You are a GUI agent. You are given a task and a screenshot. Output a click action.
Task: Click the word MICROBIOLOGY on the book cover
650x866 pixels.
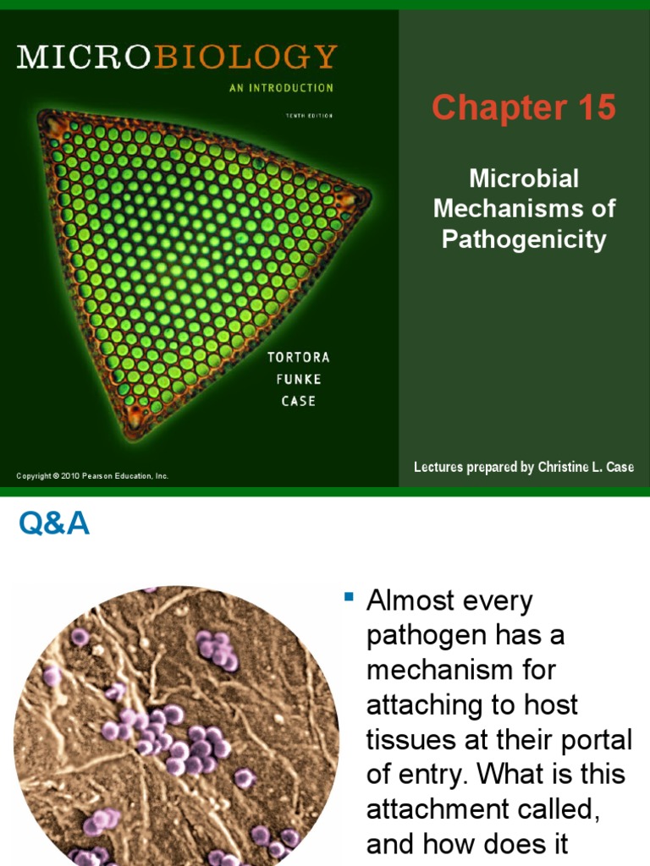tap(177, 57)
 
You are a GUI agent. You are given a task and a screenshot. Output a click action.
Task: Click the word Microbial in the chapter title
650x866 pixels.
tap(524, 178)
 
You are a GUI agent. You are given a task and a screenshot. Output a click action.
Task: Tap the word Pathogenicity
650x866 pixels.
tap(524, 239)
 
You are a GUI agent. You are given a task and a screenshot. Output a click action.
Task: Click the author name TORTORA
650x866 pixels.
tap(299, 358)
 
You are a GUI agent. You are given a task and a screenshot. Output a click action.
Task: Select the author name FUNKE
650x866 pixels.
tap(299, 380)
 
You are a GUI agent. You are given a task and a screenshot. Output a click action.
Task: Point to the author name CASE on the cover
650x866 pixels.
tap(299, 401)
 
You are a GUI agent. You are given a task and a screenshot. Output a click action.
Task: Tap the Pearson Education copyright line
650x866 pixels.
tap(92, 476)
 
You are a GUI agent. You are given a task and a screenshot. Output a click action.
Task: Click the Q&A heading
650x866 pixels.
tap(54, 525)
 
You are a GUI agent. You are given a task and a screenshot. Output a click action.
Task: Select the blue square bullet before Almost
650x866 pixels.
tap(348, 598)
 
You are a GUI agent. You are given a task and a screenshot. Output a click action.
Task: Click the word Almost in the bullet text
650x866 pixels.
tap(414, 602)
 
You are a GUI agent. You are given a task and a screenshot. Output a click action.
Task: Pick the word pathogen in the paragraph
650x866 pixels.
tap(419, 637)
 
